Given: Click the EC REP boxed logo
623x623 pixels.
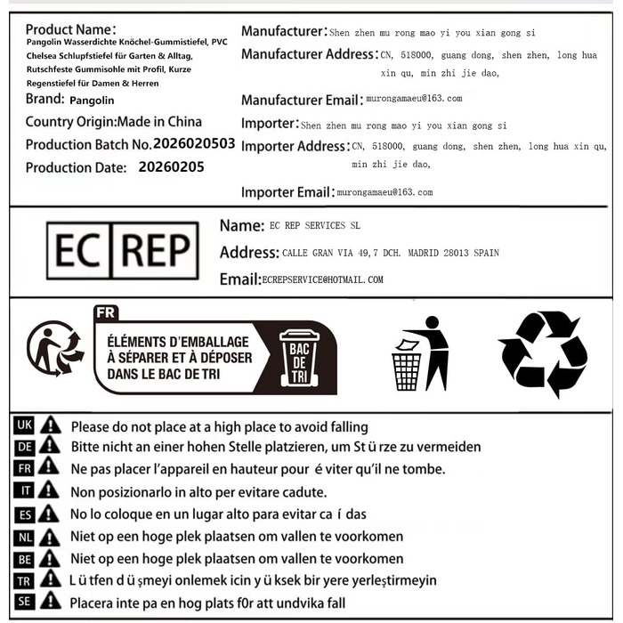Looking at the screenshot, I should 123,252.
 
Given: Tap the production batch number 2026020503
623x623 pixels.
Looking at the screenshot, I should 194,143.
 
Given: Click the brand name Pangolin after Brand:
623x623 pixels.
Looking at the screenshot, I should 92,99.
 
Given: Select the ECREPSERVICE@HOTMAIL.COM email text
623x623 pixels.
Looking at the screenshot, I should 323,279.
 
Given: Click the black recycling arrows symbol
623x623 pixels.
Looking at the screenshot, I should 542,352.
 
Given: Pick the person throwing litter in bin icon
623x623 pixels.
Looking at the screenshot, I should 420,352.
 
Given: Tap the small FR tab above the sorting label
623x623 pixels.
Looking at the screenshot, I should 105,312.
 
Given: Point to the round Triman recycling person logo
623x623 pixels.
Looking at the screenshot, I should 54,348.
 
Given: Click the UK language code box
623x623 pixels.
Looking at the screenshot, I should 24,425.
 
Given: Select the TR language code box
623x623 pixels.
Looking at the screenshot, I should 24,580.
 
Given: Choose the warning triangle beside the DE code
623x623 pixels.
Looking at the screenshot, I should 50,447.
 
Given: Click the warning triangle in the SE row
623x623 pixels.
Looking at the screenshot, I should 50,602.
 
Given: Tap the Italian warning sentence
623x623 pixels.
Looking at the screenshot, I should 198,491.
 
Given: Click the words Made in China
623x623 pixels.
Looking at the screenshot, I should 160,121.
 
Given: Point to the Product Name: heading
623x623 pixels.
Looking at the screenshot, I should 70,29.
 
